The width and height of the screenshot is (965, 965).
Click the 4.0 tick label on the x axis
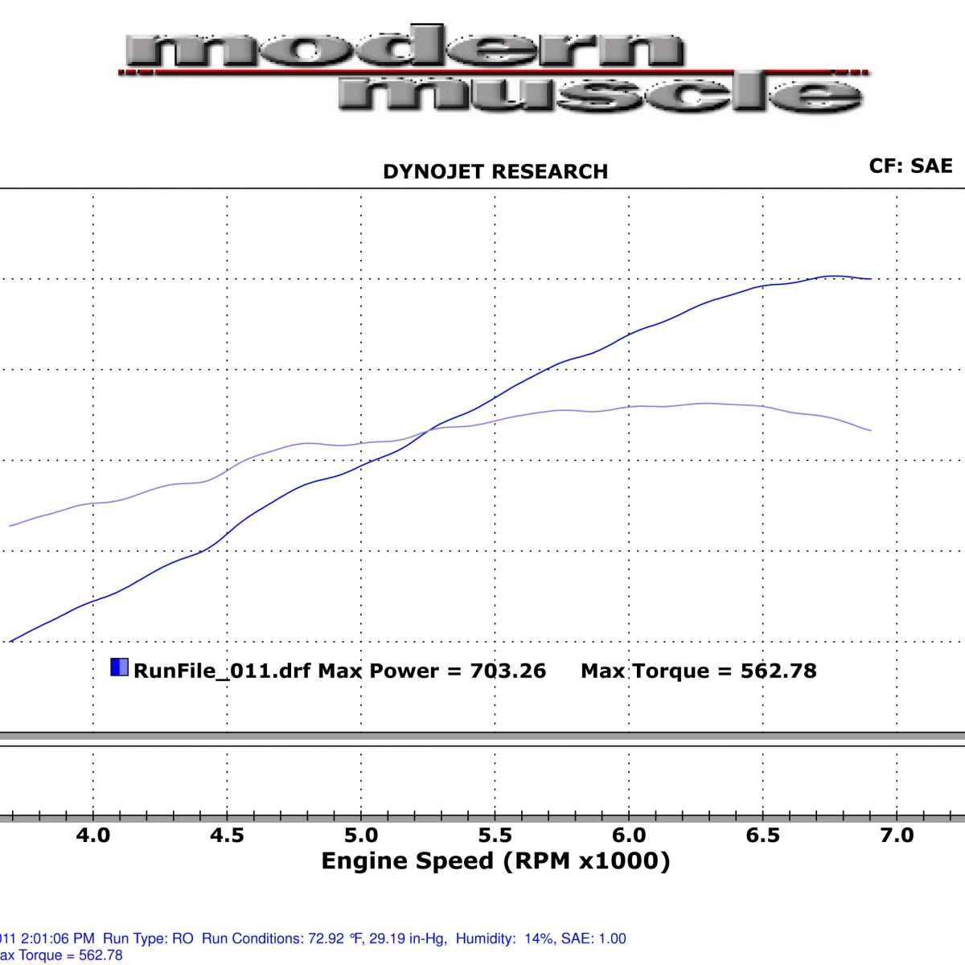(93, 836)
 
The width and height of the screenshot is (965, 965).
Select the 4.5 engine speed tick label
(227, 836)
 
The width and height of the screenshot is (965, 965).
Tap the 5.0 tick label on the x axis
(361, 836)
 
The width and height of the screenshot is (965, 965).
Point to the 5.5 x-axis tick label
(495, 836)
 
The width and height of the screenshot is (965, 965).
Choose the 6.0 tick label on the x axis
(629, 836)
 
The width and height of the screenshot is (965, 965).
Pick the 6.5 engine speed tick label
(762, 836)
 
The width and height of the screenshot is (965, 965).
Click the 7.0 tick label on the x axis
(897, 836)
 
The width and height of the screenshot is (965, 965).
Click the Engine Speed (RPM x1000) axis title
(495, 861)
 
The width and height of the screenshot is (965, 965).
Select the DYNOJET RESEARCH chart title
(495, 171)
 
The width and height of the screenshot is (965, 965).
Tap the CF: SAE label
(910, 166)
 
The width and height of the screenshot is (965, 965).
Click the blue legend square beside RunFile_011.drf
(119, 667)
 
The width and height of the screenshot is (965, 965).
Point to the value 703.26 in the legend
(508, 671)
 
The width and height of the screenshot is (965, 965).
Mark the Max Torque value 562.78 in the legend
(778, 671)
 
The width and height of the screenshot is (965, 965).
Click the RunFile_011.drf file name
(222, 671)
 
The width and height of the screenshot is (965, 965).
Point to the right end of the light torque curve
(870, 430)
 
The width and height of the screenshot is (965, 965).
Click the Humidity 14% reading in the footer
(498, 938)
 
